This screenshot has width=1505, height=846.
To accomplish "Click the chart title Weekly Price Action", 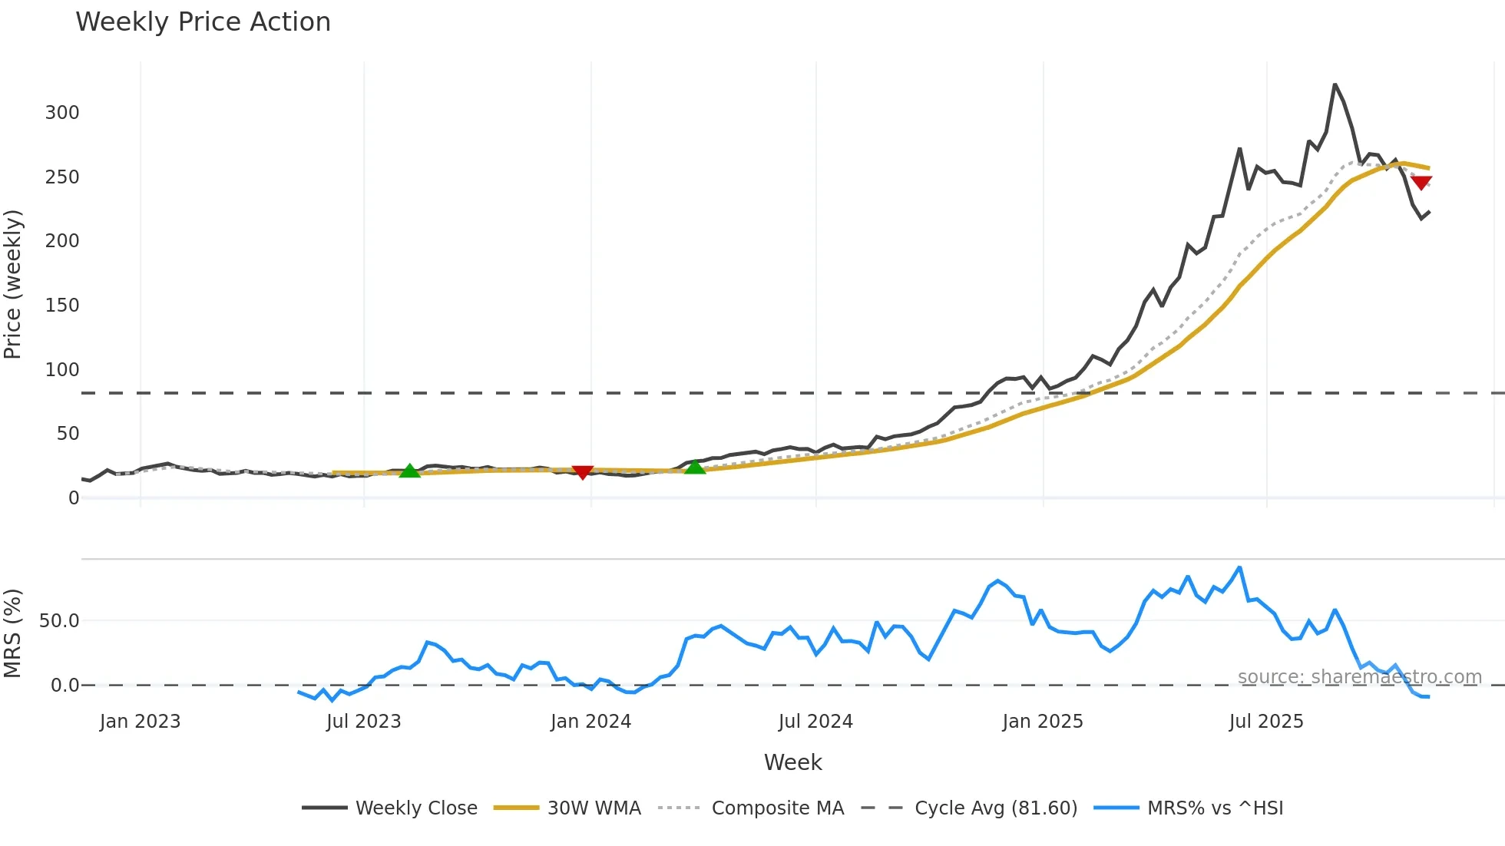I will pos(203,22).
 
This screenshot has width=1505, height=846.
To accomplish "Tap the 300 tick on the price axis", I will pos(62,113).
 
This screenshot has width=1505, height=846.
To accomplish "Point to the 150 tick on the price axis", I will pos(62,306).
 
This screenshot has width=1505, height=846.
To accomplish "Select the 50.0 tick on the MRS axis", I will pos(59,621).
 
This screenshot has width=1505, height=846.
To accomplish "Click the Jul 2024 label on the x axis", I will pos(815,722).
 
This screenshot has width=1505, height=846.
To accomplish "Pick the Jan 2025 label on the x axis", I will pos(1042,722).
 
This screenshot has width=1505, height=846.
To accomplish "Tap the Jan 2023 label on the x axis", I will pos(140,722).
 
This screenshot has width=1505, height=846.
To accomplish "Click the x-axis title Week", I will pos(792,762).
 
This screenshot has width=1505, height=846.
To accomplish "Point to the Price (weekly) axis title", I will pos(13,284).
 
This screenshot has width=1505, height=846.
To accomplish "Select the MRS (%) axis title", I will pos(13,633).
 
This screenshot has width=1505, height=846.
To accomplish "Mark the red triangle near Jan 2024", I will pos(583,472).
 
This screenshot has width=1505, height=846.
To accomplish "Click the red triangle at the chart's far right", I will pos(1421,183).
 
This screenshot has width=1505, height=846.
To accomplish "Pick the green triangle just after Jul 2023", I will pos(410,471).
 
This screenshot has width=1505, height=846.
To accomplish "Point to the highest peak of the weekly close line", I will pos(1335,84).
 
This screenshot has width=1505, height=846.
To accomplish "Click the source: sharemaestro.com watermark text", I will pos(1359,677).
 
